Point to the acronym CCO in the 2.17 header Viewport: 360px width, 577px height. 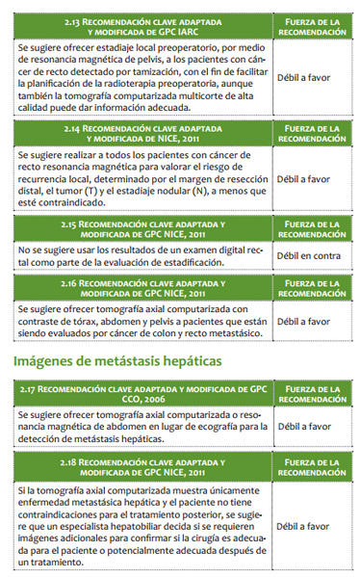(134, 401)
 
